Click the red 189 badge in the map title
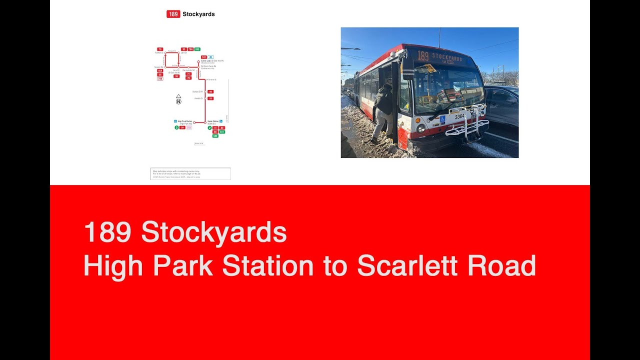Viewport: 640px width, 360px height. (173, 14)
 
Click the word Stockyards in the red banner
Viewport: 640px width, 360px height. (213, 232)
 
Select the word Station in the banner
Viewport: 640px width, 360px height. (267, 265)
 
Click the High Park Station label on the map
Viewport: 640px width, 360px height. (185, 122)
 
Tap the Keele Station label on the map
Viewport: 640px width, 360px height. (213, 122)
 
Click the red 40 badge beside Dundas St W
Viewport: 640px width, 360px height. (210, 91)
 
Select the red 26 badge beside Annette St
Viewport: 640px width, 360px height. (210, 98)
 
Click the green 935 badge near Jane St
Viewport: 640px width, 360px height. (197, 49)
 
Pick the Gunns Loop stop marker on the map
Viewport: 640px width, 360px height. (198, 61)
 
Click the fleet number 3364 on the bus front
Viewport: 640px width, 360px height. (459, 116)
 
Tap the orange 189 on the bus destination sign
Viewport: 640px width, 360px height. (423, 56)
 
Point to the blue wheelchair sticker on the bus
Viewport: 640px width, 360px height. (442, 119)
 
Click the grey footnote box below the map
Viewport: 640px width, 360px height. (190, 173)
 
